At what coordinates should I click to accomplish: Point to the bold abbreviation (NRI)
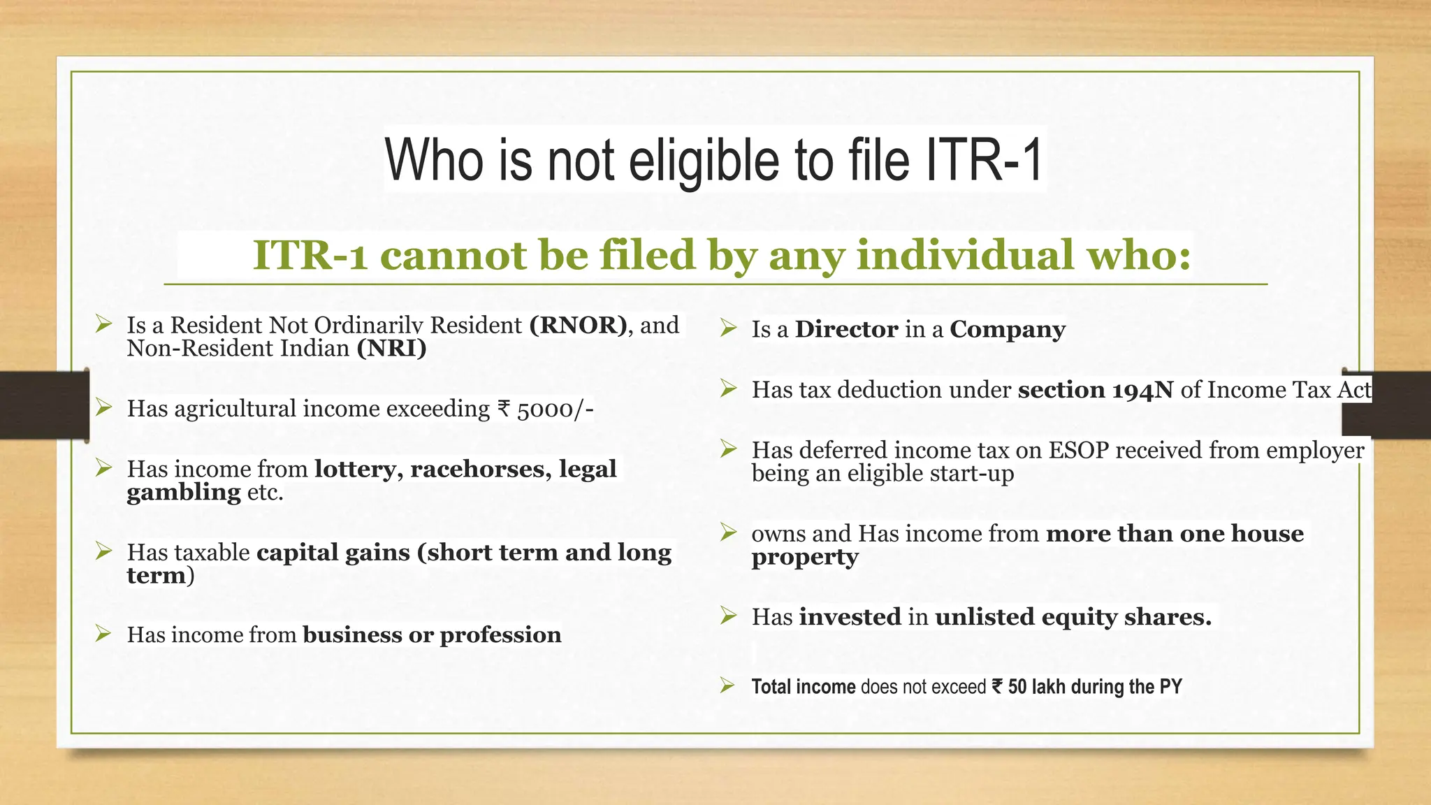tap(391, 348)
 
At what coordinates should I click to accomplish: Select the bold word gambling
tap(184, 493)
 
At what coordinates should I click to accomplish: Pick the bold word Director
tap(846, 329)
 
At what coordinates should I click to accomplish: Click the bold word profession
tap(500, 635)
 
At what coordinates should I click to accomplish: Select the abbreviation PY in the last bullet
tap(1170, 687)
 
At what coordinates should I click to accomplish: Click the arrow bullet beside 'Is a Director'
tap(729, 328)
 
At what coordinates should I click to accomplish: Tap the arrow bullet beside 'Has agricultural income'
tap(104, 407)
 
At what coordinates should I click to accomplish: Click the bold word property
tap(805, 558)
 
